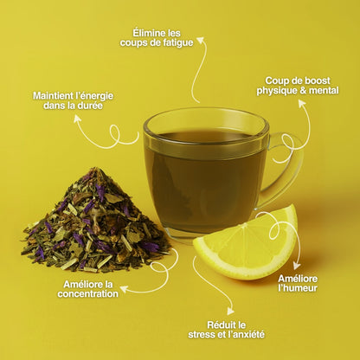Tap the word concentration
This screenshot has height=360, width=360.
click(87, 293)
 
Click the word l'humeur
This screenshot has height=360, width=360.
click(298, 288)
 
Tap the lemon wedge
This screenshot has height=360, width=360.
click(245, 245)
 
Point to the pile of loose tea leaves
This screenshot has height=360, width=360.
click(95, 223)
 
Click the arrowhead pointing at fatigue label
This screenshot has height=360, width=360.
click(201, 41)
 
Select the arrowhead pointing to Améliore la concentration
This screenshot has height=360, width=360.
click(124, 289)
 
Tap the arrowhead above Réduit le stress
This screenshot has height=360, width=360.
click(230, 311)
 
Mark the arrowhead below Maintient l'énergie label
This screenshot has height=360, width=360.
click(77, 119)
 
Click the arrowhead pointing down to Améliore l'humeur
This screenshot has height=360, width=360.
click(297, 267)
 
